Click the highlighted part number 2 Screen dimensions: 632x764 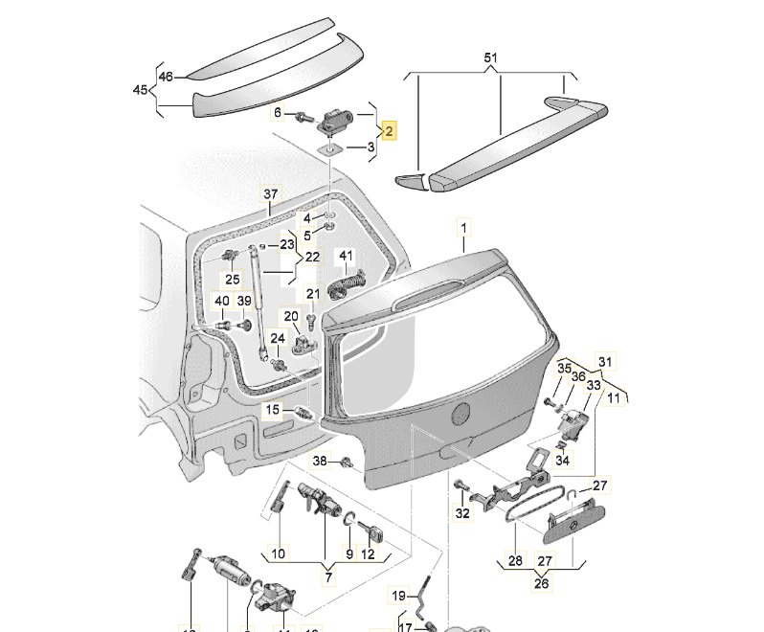click(x=389, y=129)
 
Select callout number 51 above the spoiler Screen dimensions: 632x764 click(x=490, y=58)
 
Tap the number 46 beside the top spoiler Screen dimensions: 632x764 click(x=166, y=77)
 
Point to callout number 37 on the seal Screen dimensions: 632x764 click(x=269, y=194)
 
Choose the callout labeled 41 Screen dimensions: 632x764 click(x=346, y=257)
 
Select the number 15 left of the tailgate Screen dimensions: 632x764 click(x=273, y=411)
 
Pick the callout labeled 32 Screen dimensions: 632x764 click(x=463, y=513)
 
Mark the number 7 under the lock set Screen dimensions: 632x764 click(x=326, y=576)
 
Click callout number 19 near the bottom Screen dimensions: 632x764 click(x=399, y=596)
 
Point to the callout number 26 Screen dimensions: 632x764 click(x=542, y=583)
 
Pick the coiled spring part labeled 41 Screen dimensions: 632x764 click(x=348, y=284)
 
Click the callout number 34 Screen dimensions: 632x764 click(x=562, y=461)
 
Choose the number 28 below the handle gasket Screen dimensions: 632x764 click(x=515, y=561)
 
